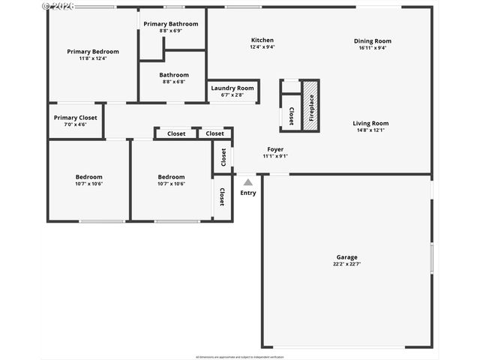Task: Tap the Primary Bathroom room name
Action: (x=171, y=24)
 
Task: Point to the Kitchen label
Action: (x=262, y=40)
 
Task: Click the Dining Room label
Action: (x=373, y=41)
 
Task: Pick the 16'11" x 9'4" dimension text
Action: (x=373, y=48)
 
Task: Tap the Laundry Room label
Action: (x=232, y=88)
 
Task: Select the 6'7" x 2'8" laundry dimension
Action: (x=232, y=95)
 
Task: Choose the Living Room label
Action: (x=370, y=123)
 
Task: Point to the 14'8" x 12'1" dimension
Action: (x=370, y=130)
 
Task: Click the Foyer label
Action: (x=275, y=149)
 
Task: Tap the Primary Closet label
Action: (x=76, y=118)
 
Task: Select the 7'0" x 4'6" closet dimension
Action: (x=76, y=124)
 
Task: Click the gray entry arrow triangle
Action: (x=247, y=181)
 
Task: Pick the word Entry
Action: (x=247, y=193)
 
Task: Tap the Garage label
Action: (x=346, y=257)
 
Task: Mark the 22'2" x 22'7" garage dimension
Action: (x=346, y=264)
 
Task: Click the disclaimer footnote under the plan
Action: (x=240, y=356)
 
